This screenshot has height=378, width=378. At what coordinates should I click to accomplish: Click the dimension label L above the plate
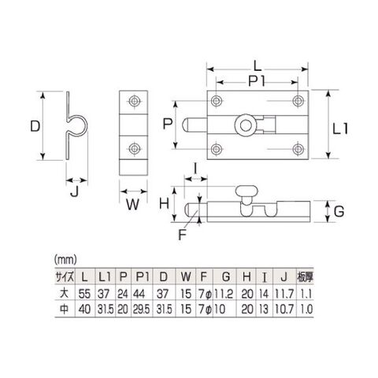pos(258,65)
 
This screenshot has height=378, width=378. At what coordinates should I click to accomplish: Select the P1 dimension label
pos(258,82)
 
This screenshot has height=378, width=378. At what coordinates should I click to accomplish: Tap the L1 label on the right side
pos(340,129)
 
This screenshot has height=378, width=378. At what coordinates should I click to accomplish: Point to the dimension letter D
pos(35,126)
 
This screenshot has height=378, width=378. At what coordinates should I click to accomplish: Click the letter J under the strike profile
pos(75,193)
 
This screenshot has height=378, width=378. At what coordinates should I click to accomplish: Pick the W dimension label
pos(132,205)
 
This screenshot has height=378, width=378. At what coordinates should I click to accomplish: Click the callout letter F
pos(182,235)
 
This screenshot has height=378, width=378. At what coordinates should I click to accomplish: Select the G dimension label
pos(339,212)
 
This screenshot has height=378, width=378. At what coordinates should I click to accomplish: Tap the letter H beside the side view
pos(165,203)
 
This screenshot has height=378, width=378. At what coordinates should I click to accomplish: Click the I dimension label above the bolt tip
pos(195,169)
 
